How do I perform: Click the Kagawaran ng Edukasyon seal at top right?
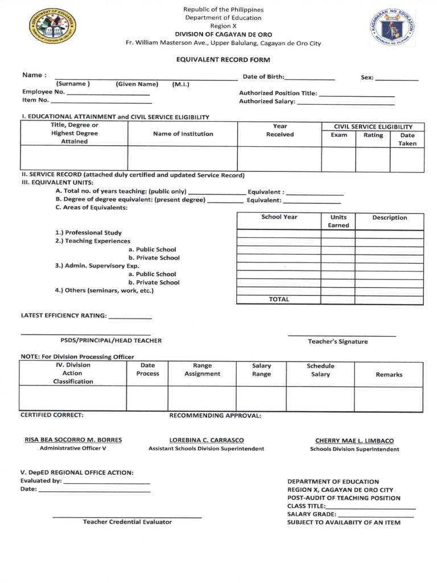tap(392, 28)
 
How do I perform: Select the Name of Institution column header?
tap(183, 134)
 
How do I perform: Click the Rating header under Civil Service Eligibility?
tap(373, 136)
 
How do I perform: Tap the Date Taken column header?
tap(407, 139)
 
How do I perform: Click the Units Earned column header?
tap(338, 221)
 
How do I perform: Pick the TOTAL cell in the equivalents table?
tap(279, 299)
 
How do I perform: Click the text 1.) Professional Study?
tap(88, 233)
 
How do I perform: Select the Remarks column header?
tap(389, 375)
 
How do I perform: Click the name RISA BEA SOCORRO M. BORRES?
tap(73, 440)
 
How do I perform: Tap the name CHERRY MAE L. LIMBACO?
tap(354, 441)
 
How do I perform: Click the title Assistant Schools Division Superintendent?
tap(206, 449)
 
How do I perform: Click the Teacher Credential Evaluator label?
tap(127, 522)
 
